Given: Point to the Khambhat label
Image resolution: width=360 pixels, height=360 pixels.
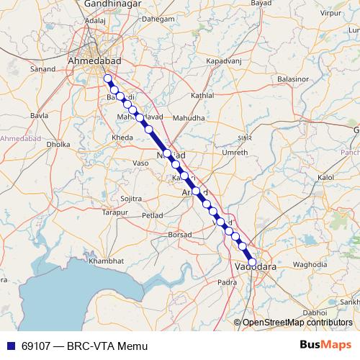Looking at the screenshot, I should point(107,260).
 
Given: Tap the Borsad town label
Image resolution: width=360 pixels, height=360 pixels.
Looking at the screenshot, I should point(179,235).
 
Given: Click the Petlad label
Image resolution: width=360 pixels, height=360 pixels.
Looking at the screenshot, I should point(153,215).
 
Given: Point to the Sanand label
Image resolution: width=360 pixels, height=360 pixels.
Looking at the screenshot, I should point(43,70).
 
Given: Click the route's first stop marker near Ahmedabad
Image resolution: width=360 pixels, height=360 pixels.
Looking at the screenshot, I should point(107,78).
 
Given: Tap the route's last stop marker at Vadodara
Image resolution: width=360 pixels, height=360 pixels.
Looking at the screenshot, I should point(252,262).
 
